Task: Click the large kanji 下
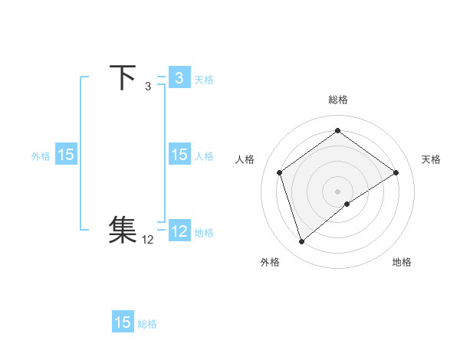pyautogui.click(x=123, y=78)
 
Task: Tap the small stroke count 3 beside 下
pyautogui.click(x=148, y=87)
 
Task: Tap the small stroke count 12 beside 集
pyautogui.click(x=148, y=240)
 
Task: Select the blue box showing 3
pyautogui.click(x=179, y=78)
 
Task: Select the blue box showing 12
pyautogui.click(x=179, y=231)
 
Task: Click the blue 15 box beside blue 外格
pyautogui.click(x=66, y=155)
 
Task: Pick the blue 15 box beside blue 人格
pyautogui.click(x=179, y=155)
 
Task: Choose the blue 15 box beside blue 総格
pyautogui.click(x=123, y=322)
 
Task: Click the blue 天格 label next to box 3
pyautogui.click(x=204, y=80)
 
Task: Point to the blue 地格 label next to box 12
pyautogui.click(x=204, y=233)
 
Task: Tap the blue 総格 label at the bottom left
pyautogui.click(x=147, y=324)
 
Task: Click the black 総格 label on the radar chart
pyautogui.click(x=337, y=100)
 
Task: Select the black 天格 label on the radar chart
pyautogui.click(x=431, y=159)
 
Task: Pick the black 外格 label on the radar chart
pyautogui.click(x=270, y=262)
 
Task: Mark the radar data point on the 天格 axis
pyautogui.click(x=396, y=172)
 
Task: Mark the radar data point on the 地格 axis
pyautogui.click(x=347, y=204)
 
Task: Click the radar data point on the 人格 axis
pyautogui.click(x=279, y=172)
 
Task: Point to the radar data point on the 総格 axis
pyautogui.click(x=337, y=130)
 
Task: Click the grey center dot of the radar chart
pyautogui.click(x=337, y=191)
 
